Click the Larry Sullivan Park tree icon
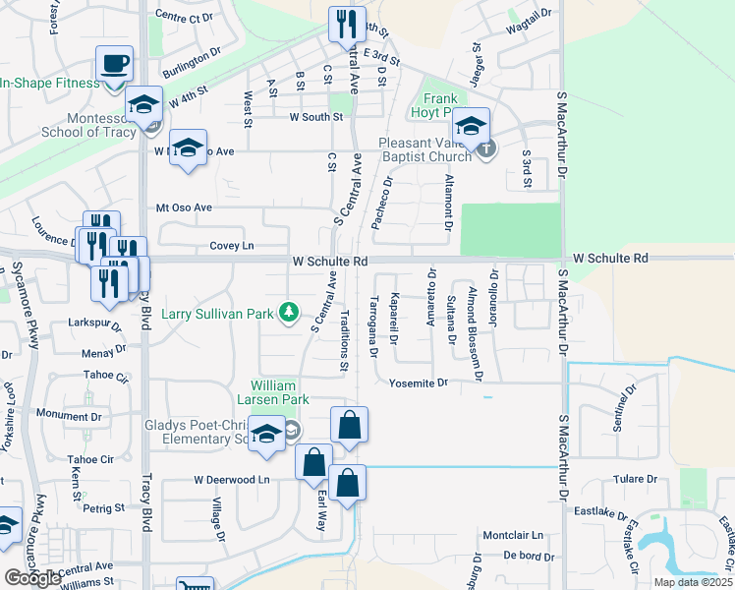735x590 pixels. tap(288, 313)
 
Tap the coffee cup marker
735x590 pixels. tap(114, 64)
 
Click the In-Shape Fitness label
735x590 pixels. tap(49, 83)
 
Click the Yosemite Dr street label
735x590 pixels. tap(418, 383)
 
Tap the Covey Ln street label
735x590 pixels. tap(231, 246)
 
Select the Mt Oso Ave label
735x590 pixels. tap(184, 207)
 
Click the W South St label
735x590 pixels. tap(314, 116)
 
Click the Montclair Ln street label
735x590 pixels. tap(512, 535)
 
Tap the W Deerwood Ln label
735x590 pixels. tap(231, 480)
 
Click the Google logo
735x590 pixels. tap(32, 578)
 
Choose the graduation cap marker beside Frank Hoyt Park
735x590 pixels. tap(471, 125)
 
